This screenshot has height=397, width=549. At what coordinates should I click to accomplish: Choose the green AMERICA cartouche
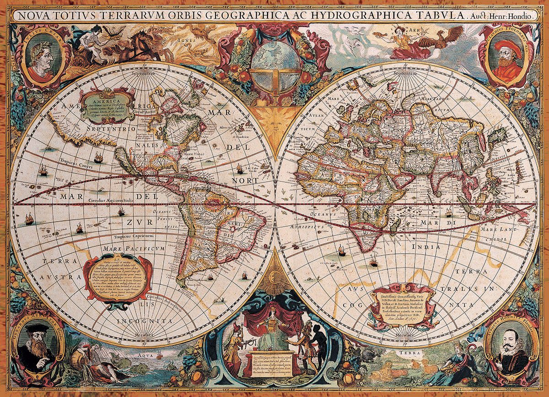click(x=107, y=106)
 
